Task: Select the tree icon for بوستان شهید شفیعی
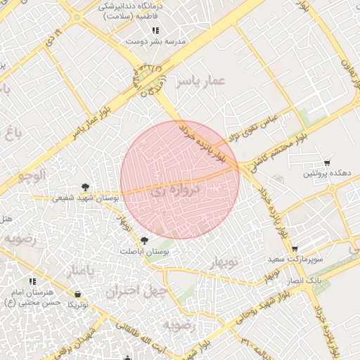point(85,187)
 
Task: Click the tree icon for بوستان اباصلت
point(145,240)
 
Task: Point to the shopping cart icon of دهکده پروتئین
point(327,163)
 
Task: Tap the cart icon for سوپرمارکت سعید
point(295,249)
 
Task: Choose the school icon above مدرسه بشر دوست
point(155,30)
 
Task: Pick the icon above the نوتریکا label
point(77,294)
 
